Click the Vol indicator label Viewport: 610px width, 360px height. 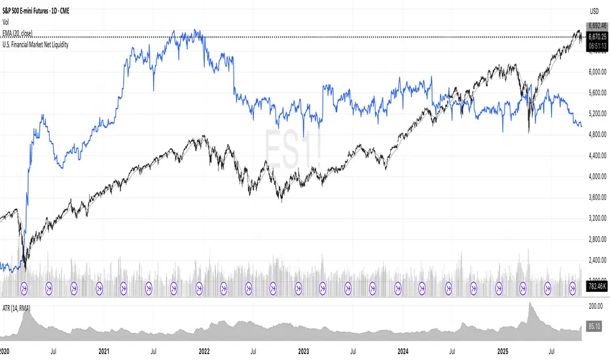7,22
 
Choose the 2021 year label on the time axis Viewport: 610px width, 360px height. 103,351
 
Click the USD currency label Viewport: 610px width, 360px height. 594,10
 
